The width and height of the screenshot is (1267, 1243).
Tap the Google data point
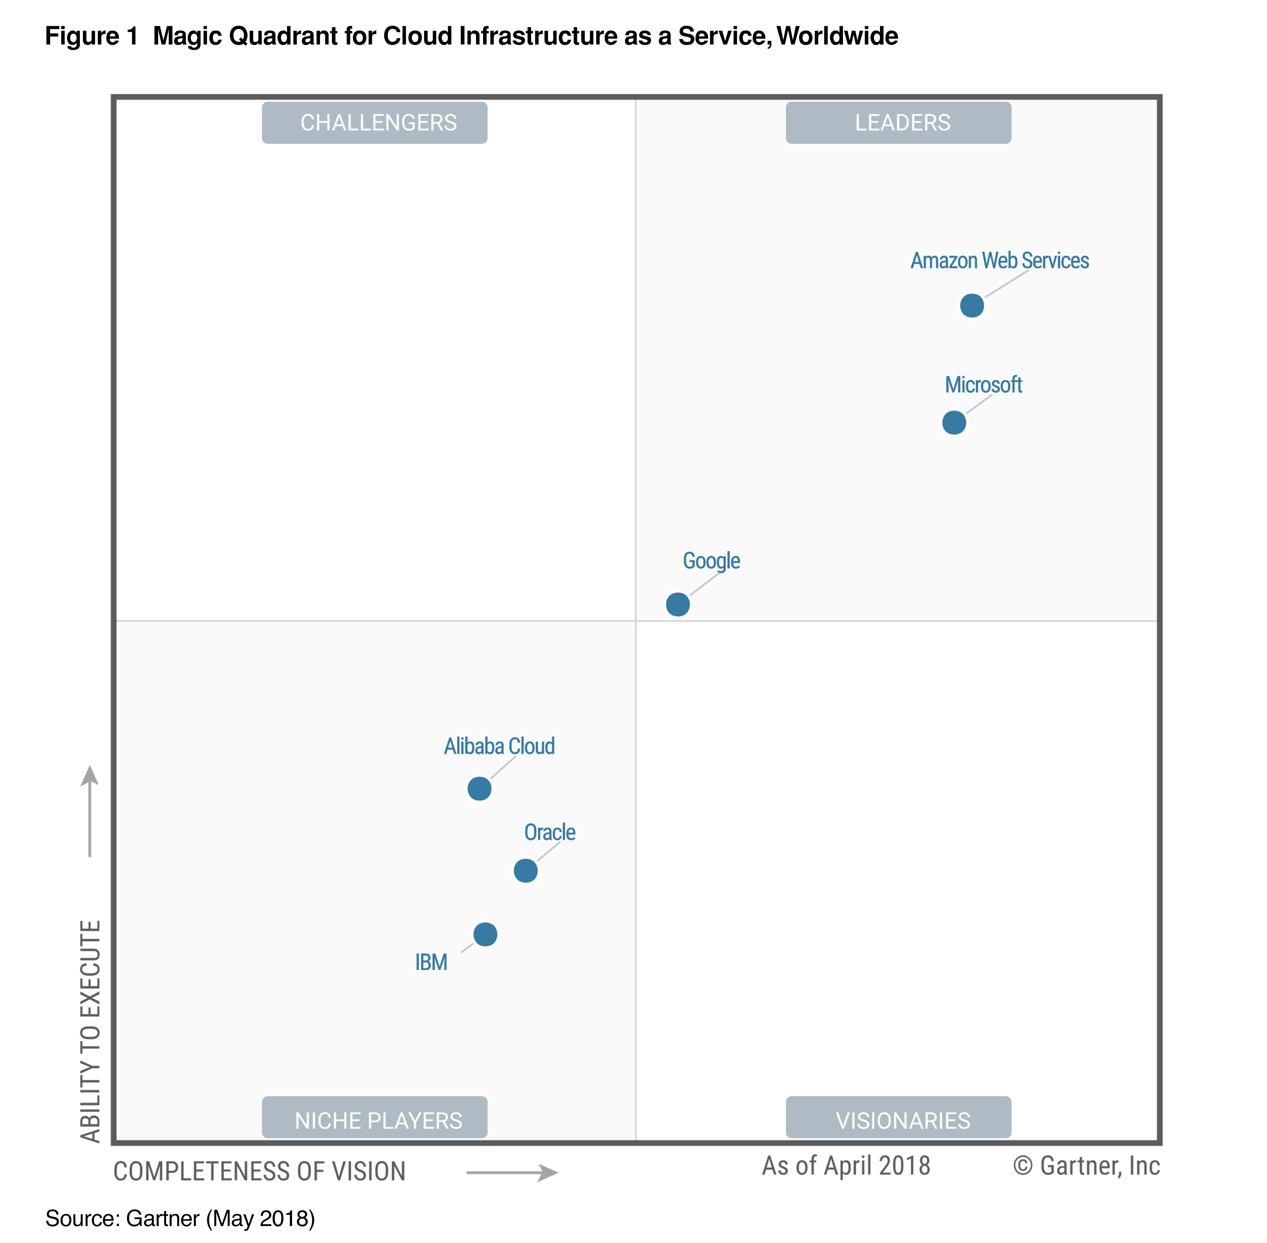678,605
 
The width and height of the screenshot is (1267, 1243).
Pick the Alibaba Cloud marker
479,789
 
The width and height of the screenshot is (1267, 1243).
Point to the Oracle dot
525,870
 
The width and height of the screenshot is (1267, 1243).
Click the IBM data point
485,934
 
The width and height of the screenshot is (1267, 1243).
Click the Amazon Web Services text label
999,261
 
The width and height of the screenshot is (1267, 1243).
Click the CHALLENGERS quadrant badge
375,123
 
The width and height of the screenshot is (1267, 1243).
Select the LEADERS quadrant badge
898,123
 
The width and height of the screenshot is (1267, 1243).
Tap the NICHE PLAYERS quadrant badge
375,1120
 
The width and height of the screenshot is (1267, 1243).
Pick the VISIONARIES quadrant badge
898,1120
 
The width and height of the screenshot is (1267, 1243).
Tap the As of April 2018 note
846,1166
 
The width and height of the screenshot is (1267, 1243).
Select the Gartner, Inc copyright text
1086,1166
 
